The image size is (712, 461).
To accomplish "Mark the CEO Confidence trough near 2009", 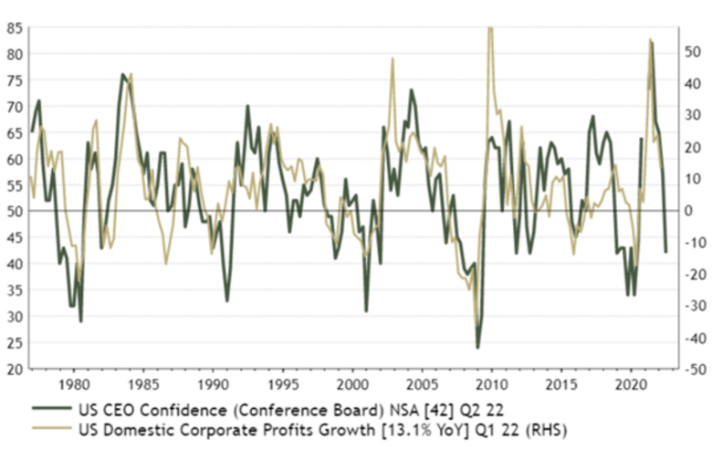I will [477, 348].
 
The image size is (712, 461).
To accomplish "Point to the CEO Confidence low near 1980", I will [81, 321].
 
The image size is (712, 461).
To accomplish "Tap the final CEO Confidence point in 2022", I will [665, 252].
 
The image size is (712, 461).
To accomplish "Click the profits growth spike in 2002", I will [393, 58].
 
